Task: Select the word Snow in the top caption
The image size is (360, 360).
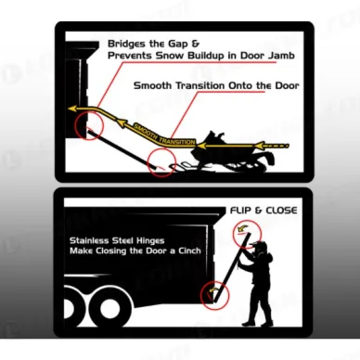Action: [169, 56]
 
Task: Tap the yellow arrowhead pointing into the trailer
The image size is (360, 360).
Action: [72, 109]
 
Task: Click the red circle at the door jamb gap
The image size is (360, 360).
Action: [89, 125]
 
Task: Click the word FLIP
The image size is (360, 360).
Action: [241, 211]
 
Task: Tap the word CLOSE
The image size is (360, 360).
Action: [281, 211]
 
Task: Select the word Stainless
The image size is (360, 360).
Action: [89, 240]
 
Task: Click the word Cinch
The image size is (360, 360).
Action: [189, 251]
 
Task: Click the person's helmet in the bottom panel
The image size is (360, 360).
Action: [259, 247]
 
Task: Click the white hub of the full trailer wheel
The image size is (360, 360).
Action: [108, 309]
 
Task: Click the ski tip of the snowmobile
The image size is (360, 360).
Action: [174, 168]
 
